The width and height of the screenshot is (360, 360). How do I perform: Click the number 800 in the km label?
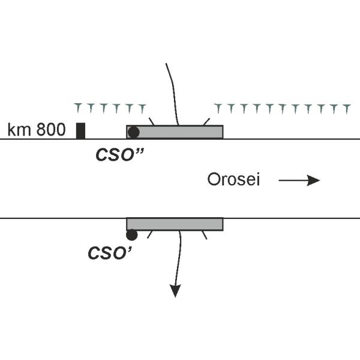pyautogui.click(x=51, y=130)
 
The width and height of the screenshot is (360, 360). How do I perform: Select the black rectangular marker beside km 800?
pyautogui.click(x=80, y=130)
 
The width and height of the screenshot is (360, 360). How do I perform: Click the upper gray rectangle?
pyautogui.click(x=180, y=132)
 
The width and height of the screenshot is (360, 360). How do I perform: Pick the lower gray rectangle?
pyautogui.click(x=180, y=224)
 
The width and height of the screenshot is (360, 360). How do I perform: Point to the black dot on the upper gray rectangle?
pyautogui.click(x=134, y=132)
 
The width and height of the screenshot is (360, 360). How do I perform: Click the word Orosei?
pyautogui.click(x=233, y=179)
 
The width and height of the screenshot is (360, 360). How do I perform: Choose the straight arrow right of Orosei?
pyautogui.click(x=299, y=180)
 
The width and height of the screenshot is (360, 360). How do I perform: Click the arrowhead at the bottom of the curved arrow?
pyautogui.click(x=175, y=291)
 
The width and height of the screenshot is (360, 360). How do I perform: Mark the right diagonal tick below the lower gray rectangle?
pyautogui.click(x=206, y=234)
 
